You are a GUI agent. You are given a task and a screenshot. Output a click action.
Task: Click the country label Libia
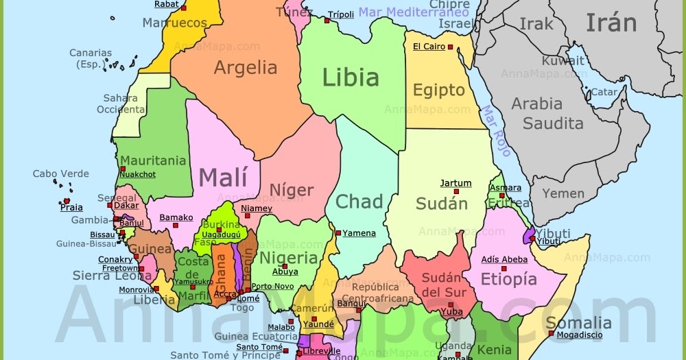(x=351, y=77)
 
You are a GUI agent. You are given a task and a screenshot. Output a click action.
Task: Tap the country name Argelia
(x=246, y=68)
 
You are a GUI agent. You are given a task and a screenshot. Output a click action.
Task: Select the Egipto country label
(x=438, y=91)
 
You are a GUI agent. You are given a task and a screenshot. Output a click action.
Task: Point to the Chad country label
(x=359, y=202)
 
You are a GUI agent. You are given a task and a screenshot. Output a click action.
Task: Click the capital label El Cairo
(x=429, y=47)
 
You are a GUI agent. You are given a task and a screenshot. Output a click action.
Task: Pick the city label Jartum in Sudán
(x=456, y=183)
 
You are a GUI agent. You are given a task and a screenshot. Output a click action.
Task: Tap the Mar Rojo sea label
(x=495, y=130)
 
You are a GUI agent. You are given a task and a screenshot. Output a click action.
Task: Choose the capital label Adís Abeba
(x=504, y=259)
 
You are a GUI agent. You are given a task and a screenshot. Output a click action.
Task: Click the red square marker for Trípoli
(x=327, y=21)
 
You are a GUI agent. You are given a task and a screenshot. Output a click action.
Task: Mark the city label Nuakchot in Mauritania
(x=137, y=174)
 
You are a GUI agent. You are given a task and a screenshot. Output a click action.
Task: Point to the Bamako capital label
(x=176, y=218)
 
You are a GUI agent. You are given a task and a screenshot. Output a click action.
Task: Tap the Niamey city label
(x=257, y=208)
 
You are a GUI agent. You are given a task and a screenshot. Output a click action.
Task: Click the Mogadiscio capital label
(x=579, y=335)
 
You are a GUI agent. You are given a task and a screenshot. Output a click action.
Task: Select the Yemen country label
(x=563, y=194)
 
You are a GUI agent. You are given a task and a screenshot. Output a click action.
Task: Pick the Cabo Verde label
(x=61, y=174)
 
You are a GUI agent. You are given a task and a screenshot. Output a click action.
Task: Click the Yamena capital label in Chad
(x=359, y=233)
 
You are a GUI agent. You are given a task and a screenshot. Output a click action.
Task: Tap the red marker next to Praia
(x=67, y=201)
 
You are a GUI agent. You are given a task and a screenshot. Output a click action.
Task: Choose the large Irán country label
(x=611, y=23)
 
